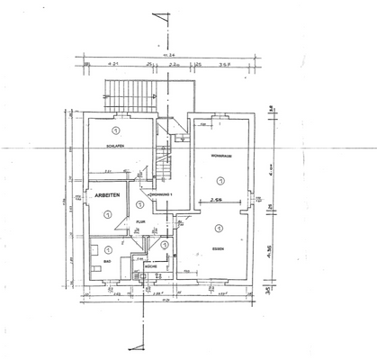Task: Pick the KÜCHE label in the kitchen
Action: (150, 267)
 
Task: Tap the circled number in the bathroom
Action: (108, 249)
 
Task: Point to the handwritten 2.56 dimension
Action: (217, 201)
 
